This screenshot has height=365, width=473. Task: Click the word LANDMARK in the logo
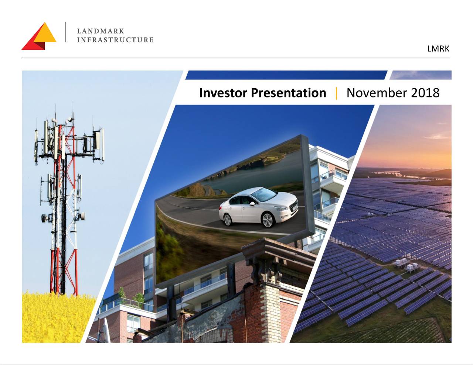[101, 31]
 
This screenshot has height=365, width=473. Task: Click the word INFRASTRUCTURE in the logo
[115, 40]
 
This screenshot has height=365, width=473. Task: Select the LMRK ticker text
[438, 49]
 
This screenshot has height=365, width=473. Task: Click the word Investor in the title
[223, 93]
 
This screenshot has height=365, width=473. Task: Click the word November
[377, 93]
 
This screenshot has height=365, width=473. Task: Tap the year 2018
[425, 93]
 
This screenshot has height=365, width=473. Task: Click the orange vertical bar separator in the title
[336, 93]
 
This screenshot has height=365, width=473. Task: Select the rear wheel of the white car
[227, 220]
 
